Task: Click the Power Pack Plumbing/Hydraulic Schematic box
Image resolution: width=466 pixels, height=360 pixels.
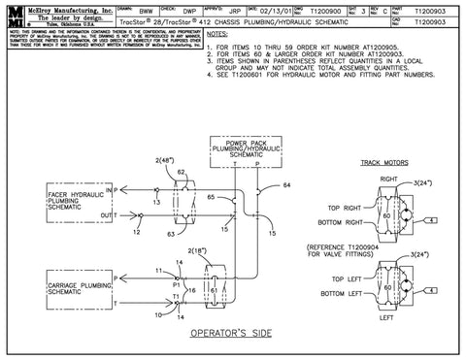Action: tap(241, 150)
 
